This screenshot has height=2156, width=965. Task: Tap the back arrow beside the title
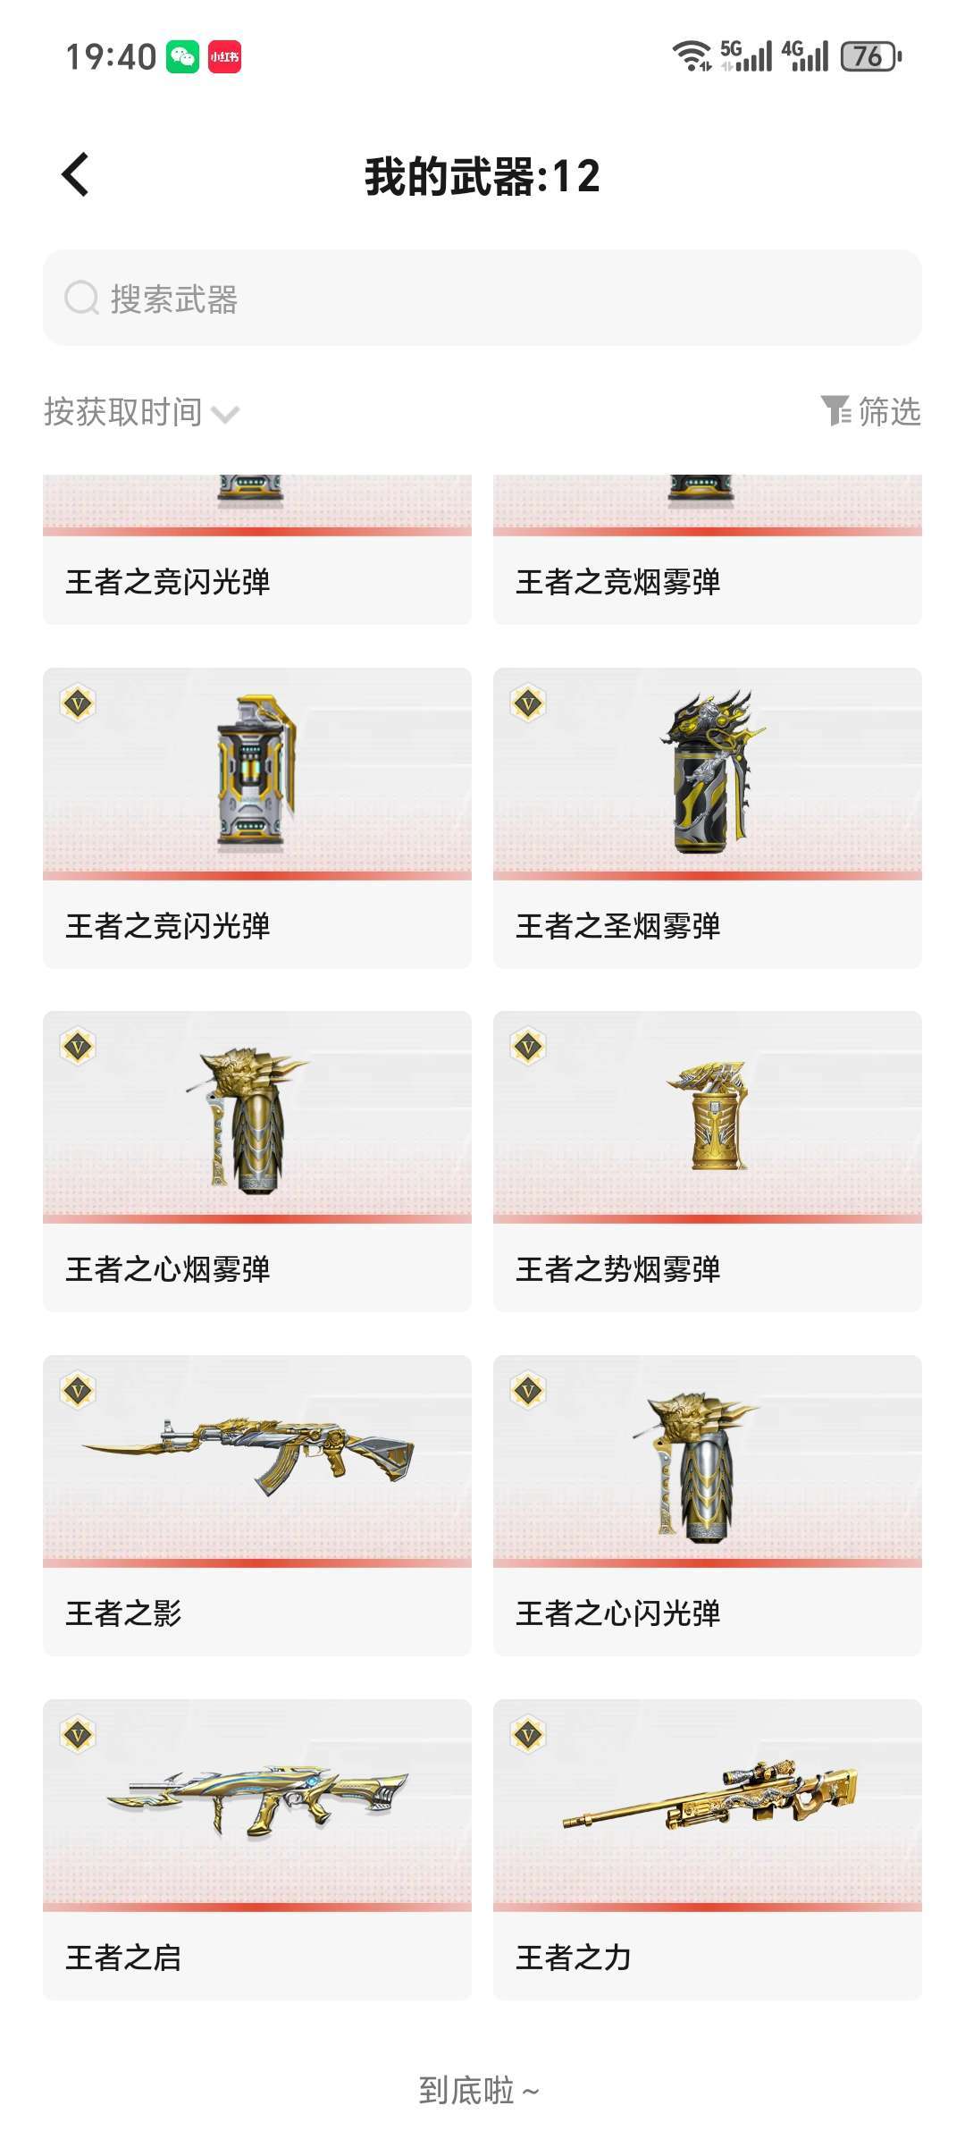coord(75,174)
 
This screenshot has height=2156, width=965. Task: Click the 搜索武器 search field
coord(482,298)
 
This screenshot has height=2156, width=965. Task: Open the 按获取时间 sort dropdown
coord(141,412)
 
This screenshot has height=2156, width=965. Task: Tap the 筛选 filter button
coord(871,411)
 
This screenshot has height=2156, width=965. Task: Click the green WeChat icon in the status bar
coord(183,56)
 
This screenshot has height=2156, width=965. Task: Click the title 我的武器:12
coord(482,175)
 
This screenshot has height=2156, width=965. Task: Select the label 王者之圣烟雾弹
coord(617,926)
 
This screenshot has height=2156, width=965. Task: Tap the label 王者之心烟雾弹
coord(167,1269)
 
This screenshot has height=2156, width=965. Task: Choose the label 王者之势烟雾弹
coord(617,1269)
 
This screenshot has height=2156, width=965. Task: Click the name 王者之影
coord(123,1613)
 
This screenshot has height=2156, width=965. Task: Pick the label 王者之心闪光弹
coord(617,1613)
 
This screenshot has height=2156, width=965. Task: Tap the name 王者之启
coord(123,1958)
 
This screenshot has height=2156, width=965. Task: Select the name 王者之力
coord(574,1958)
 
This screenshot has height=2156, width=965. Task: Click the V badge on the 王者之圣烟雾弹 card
coord(528,703)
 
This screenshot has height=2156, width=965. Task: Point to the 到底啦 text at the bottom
coord(466,2091)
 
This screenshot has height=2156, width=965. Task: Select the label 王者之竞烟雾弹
coord(617,582)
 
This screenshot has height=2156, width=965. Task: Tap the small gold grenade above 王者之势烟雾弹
coord(710,1116)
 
